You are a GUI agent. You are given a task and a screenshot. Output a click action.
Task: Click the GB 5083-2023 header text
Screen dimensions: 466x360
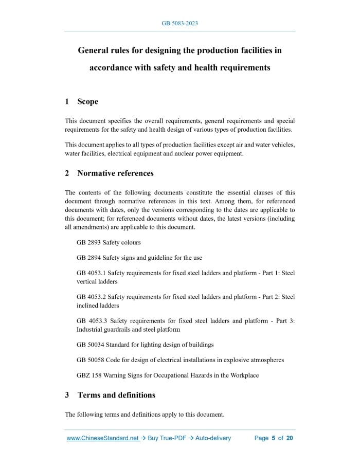tap(179, 23)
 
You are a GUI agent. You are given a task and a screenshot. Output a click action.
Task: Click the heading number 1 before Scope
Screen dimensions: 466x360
tap(67, 101)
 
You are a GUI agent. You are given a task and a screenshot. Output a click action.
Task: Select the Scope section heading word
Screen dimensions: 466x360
tap(87, 101)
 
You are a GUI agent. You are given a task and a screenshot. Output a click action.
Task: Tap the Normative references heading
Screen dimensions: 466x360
tap(115, 173)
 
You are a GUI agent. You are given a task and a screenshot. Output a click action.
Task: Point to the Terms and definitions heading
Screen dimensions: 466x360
tap(116, 395)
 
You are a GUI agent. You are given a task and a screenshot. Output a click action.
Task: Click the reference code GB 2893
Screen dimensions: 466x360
tap(88, 242)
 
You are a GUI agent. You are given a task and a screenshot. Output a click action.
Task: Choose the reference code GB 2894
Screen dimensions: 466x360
tap(88, 258)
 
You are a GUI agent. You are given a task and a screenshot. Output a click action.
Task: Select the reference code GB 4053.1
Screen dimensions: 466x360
tap(91, 273)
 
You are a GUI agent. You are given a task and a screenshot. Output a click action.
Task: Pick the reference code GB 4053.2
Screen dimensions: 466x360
tap(91, 297)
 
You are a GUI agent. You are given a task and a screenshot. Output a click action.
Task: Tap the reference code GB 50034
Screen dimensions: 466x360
tap(90, 345)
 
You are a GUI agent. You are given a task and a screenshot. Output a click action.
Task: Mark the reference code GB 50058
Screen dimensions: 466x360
tap(90, 360)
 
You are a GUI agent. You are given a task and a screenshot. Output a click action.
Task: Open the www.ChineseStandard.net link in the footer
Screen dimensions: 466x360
tap(103, 438)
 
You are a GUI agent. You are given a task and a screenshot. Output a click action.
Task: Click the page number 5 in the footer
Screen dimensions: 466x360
tap(274, 438)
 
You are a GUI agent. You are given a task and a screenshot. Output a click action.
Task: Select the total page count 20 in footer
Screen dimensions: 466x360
tap(290, 438)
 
